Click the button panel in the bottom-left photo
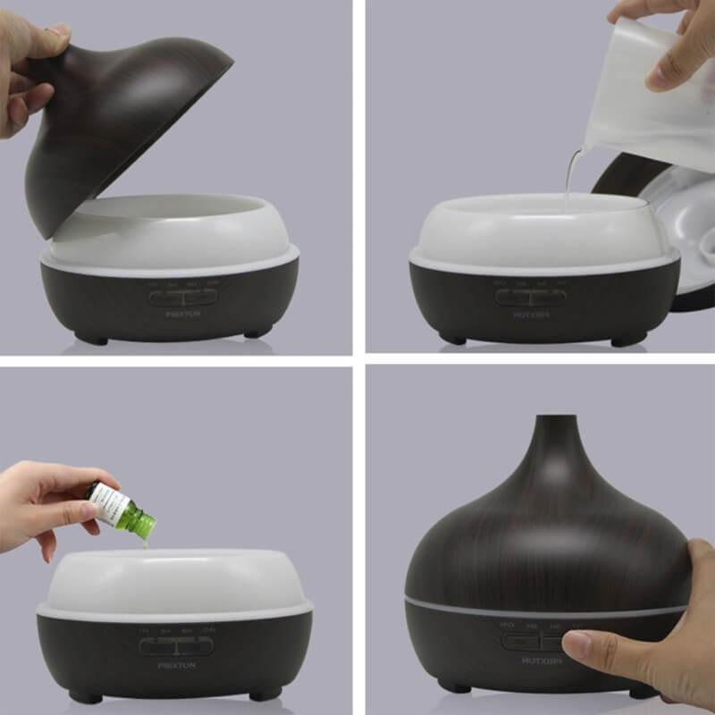pos(176,645)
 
